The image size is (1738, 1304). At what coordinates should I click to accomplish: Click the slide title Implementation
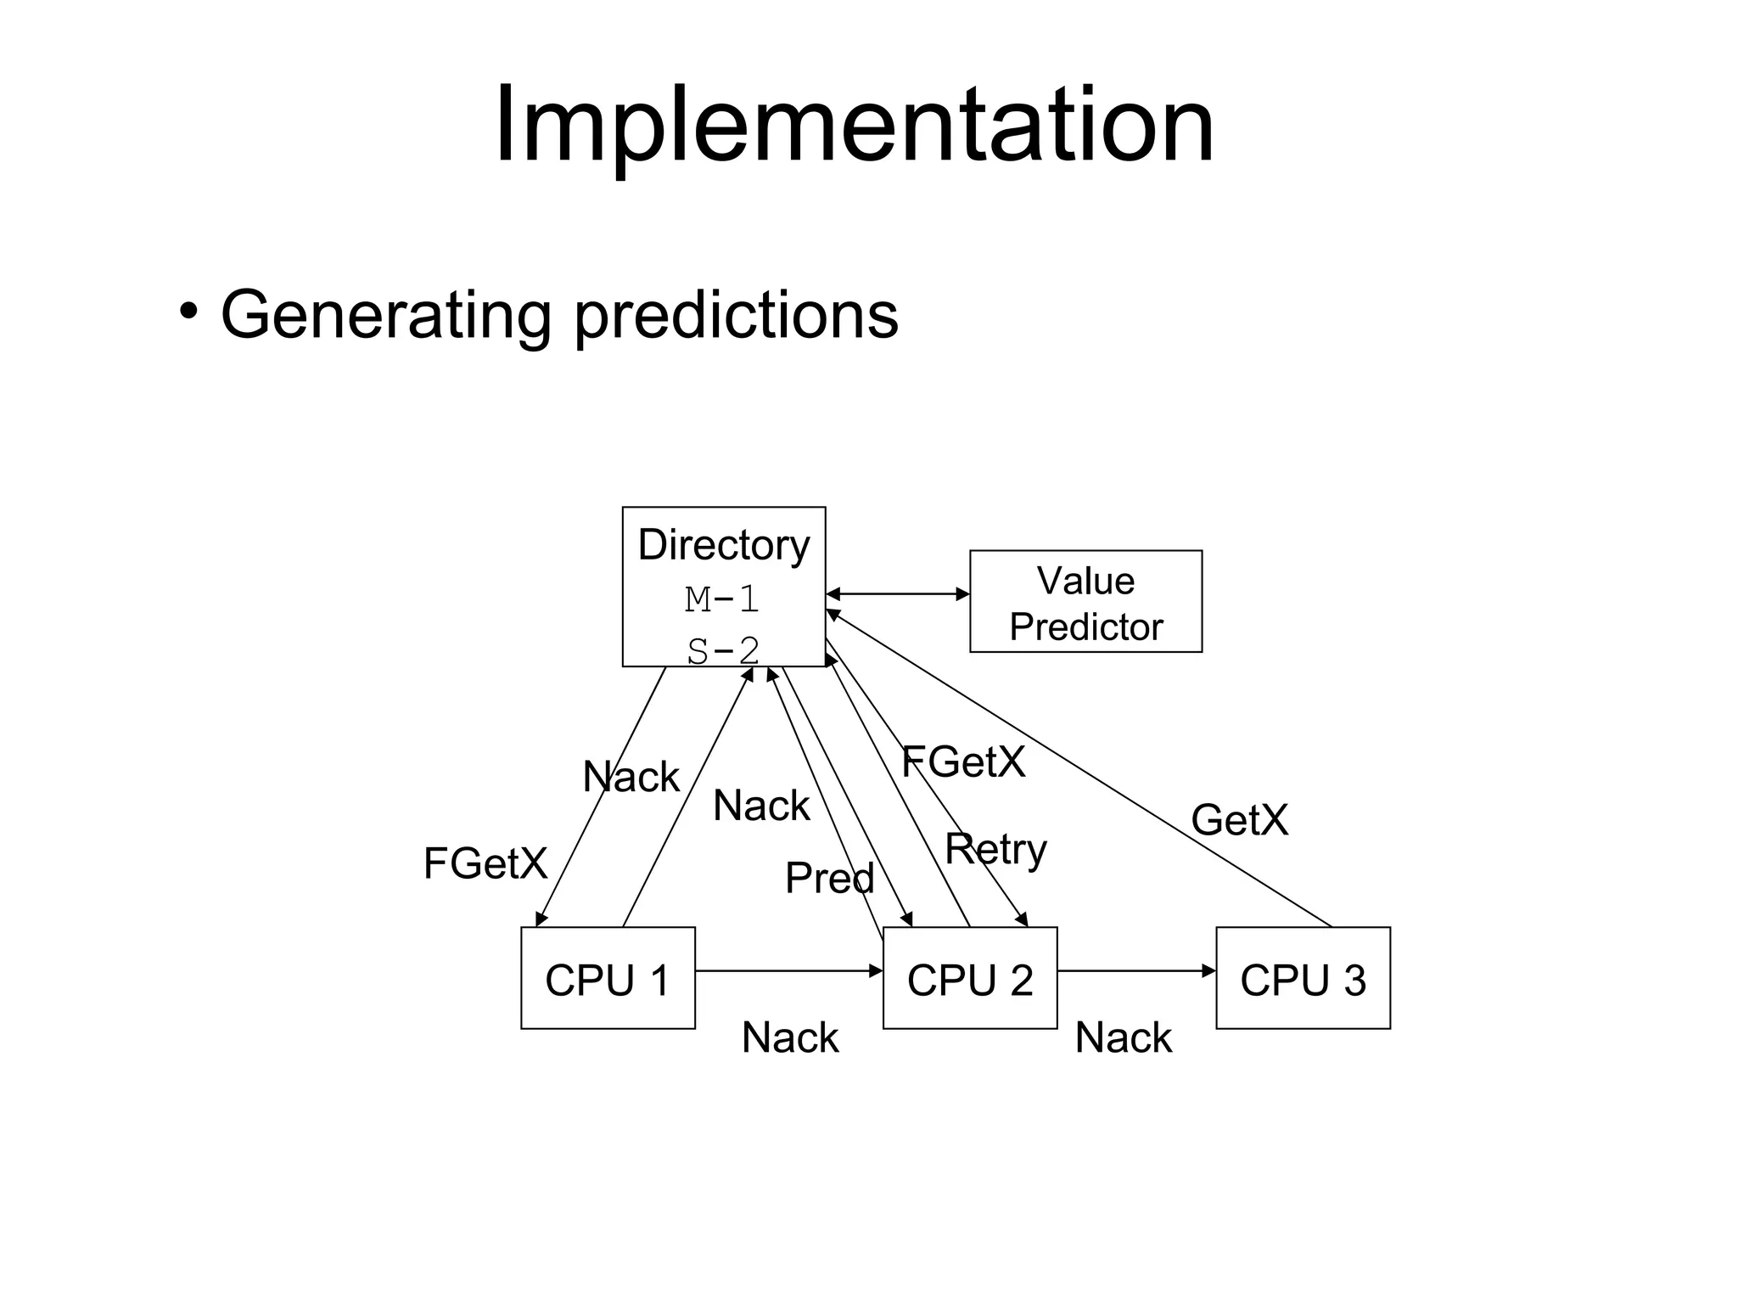854,126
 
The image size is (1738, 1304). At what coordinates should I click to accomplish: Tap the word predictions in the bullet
736,316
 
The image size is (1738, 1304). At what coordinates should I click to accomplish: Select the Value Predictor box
1085,602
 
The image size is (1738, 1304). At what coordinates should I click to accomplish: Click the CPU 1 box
608,978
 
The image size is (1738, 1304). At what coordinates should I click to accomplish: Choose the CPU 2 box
970,978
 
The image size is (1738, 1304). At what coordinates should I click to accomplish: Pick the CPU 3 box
1303,978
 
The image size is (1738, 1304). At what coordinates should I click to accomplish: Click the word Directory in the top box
723,544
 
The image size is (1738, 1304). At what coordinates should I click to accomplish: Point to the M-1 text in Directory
722,599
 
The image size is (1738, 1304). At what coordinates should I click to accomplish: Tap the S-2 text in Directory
723,650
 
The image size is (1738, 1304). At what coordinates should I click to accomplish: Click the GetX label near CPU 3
1239,820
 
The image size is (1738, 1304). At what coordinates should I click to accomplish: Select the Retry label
995,849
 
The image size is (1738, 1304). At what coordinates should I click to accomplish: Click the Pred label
829,878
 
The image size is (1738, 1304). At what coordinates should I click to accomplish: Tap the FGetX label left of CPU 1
485,864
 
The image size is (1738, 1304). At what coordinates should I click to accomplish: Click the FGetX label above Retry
963,762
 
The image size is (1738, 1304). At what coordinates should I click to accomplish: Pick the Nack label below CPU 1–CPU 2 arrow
790,1037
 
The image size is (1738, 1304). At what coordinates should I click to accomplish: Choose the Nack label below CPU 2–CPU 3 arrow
1123,1037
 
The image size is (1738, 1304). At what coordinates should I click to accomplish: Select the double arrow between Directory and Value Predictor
897,594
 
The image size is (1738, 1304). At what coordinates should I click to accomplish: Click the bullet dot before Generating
188,311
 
